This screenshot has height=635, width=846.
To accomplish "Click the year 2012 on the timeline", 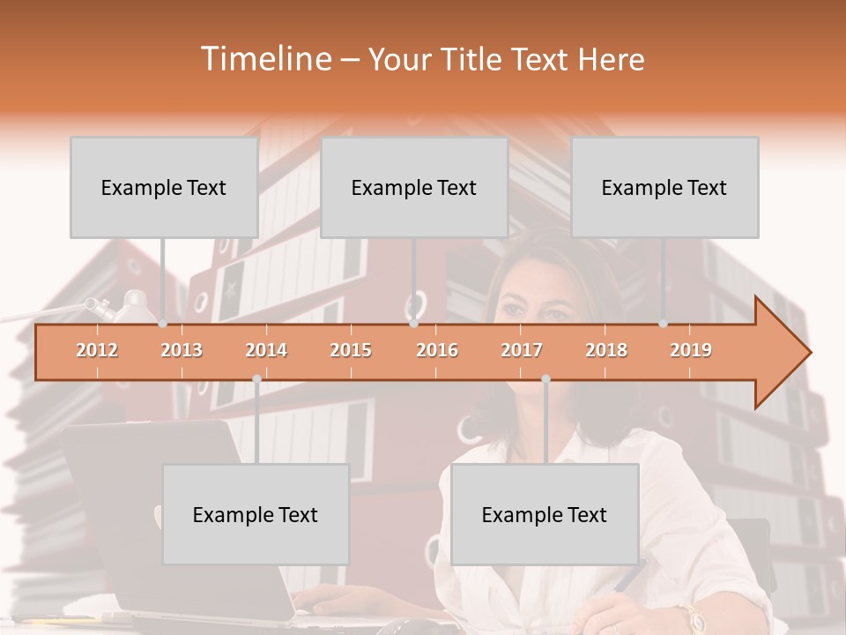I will [x=97, y=351].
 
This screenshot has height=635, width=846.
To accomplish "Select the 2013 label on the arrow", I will [x=182, y=351].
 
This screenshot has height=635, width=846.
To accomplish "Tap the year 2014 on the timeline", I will [x=266, y=351].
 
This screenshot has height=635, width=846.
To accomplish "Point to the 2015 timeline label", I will [x=351, y=351].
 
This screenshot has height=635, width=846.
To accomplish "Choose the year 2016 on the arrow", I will [x=437, y=351].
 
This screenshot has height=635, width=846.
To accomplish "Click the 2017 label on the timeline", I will [x=522, y=351].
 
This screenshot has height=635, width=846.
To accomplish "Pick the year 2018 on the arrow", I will [x=606, y=351].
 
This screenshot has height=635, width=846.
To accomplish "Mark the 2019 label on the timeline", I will [x=691, y=351].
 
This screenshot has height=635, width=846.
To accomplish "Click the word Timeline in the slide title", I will [x=264, y=59].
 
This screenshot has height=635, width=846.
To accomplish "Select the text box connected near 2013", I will [x=164, y=187].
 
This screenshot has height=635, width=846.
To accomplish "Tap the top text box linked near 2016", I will [x=414, y=187].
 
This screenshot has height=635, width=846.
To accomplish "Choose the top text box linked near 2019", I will [x=664, y=187].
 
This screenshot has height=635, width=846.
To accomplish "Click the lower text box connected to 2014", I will [x=256, y=514].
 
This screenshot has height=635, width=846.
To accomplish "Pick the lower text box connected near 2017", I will [x=545, y=514].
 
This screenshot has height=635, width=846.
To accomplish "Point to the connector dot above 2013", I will [x=163, y=324].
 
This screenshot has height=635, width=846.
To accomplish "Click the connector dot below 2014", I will [x=256, y=379].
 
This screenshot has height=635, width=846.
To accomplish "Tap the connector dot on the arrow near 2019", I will [x=664, y=324].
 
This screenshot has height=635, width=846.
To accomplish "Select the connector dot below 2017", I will [x=545, y=379].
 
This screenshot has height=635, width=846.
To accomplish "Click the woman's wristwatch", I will [x=690, y=617].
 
